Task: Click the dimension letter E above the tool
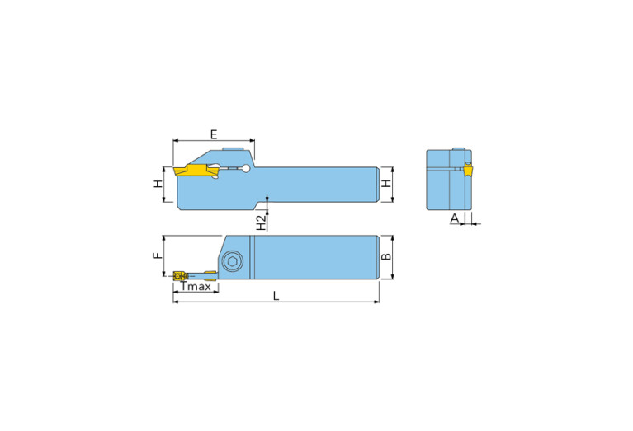pos(213,134)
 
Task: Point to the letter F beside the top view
pos(158,256)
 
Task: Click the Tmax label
pos(196,286)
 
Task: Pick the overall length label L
pos(276,296)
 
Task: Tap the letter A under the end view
pos(454,218)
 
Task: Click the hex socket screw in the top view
pos(233,262)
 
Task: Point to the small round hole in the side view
pos(247,170)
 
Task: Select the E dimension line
pos(213,141)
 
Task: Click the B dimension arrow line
pos(393,257)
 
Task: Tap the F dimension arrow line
pos(166,256)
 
